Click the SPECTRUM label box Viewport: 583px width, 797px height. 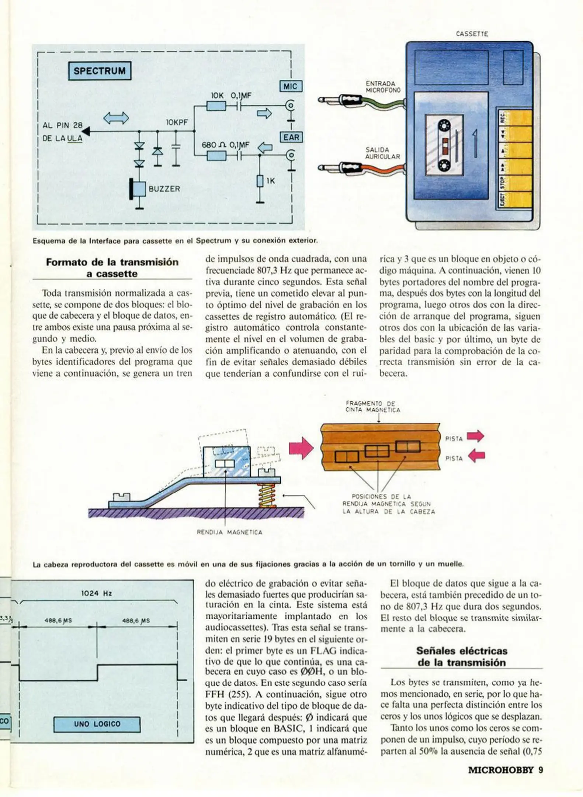click(x=100, y=71)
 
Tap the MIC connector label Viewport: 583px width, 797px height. click(x=290, y=86)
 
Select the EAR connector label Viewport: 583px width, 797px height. click(x=291, y=137)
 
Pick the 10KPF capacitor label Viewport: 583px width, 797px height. click(x=177, y=122)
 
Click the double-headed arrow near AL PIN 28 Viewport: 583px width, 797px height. click(x=116, y=118)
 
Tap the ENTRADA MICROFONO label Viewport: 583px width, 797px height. click(x=383, y=87)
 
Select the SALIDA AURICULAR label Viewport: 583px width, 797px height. click(x=382, y=153)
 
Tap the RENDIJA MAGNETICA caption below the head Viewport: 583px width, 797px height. click(x=229, y=532)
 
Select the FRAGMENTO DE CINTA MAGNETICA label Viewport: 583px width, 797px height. click(x=372, y=407)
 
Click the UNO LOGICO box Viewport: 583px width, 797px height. click(x=97, y=724)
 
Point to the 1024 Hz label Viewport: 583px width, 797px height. click(x=97, y=593)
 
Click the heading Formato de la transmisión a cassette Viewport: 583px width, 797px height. click(x=112, y=268)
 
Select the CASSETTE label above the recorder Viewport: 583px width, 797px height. click(x=472, y=34)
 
